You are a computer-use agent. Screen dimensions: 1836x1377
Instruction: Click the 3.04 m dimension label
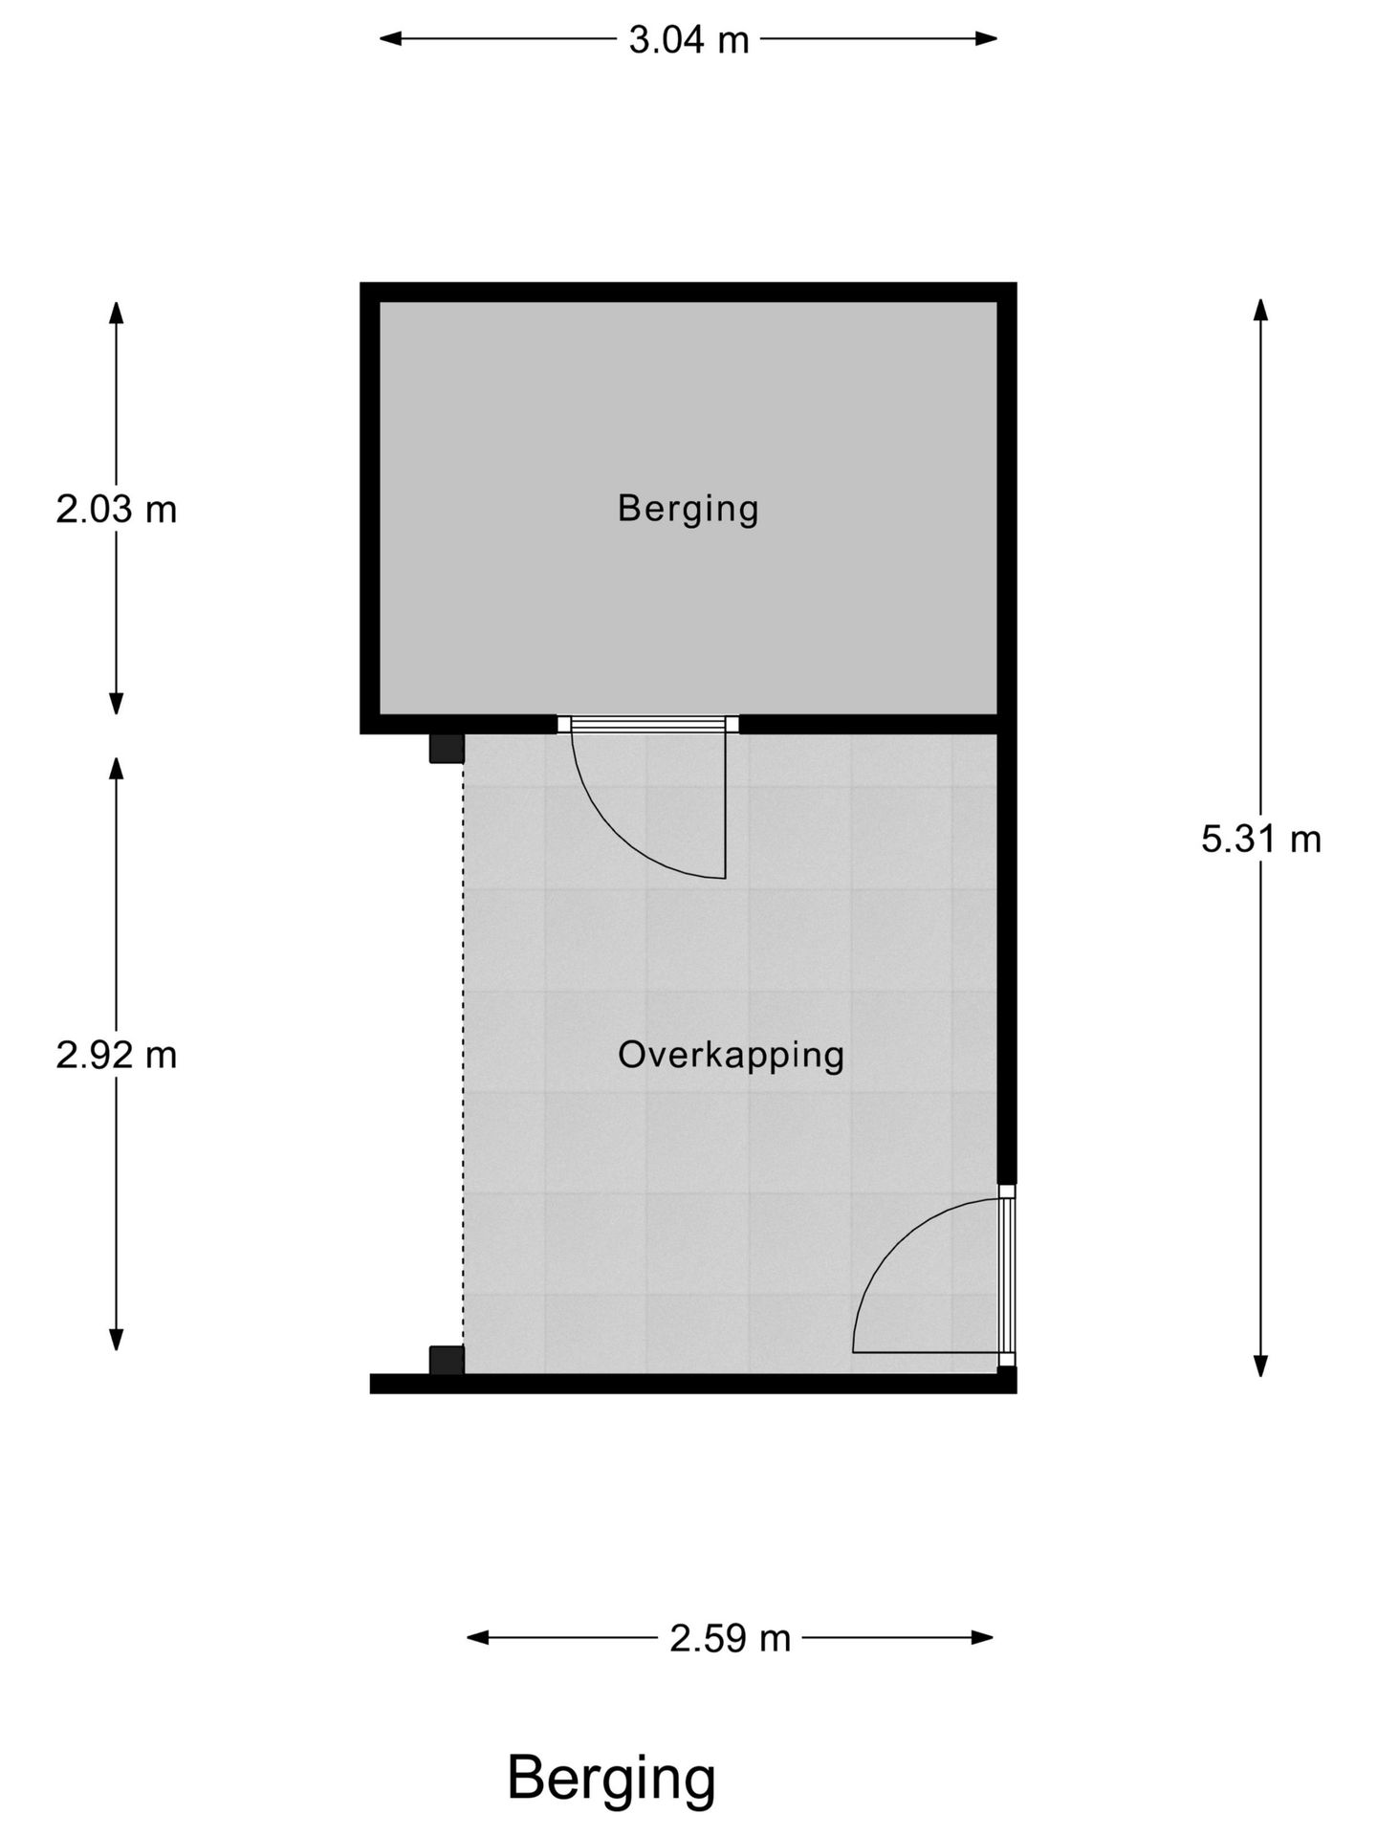click(688, 40)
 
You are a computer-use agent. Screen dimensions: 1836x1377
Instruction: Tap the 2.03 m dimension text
click(117, 510)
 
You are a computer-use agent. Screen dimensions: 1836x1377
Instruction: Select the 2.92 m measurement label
click(117, 1056)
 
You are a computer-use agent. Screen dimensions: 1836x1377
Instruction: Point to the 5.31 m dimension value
click(1260, 840)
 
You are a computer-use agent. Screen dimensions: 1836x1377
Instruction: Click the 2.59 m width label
click(730, 1638)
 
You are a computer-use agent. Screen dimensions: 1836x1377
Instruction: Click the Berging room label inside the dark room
click(688, 509)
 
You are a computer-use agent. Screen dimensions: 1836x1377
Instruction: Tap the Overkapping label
click(731, 1055)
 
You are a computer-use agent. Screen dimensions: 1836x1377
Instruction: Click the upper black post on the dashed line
click(446, 748)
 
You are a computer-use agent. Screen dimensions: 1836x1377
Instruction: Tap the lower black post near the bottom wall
click(446, 1359)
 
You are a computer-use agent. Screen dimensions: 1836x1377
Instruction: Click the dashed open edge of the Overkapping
click(464, 1052)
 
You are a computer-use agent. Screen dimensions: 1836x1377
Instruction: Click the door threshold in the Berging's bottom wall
click(648, 724)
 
